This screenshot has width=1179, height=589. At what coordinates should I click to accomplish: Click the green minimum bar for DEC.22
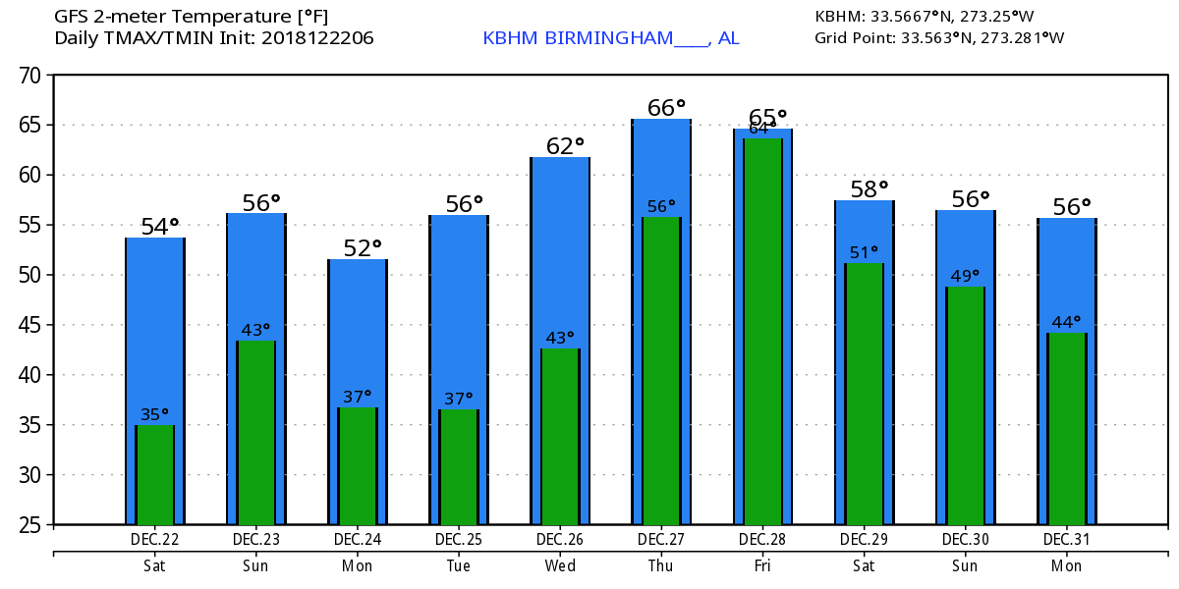click(x=155, y=475)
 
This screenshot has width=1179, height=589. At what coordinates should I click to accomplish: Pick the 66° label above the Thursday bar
click(x=666, y=107)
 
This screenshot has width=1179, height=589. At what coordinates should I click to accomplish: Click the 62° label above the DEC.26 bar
click(x=565, y=146)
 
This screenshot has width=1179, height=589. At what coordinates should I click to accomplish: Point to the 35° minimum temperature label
click(x=155, y=414)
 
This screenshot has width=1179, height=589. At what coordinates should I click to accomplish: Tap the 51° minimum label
click(x=865, y=252)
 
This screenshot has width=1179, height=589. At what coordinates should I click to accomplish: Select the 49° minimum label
click(x=966, y=276)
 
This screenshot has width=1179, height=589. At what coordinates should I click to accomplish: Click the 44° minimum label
click(x=1067, y=322)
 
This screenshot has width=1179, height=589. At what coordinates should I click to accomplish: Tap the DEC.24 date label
click(x=358, y=540)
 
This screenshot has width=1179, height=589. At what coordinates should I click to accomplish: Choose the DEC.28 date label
click(x=762, y=540)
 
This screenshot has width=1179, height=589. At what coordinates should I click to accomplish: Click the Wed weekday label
click(x=560, y=565)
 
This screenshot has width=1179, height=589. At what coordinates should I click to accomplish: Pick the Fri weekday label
click(x=762, y=565)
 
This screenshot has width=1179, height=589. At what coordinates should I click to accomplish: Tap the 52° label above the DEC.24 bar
click(x=363, y=248)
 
